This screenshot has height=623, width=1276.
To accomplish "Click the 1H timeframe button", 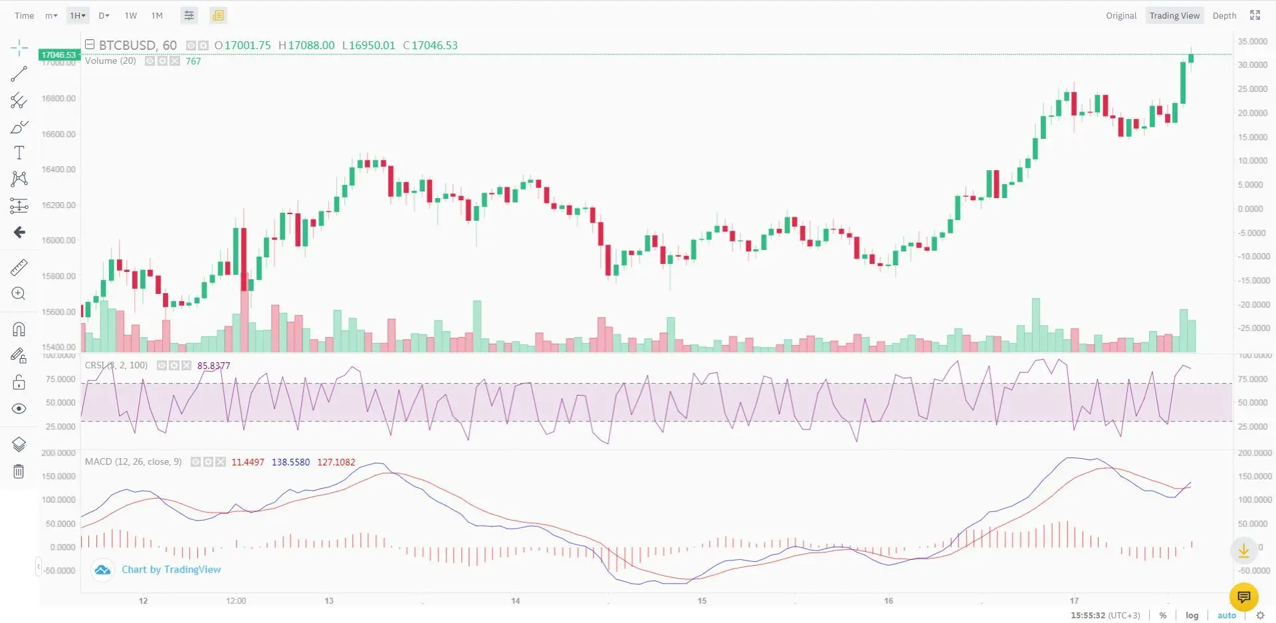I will click(78, 15).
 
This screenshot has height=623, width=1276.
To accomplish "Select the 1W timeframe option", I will click(131, 15).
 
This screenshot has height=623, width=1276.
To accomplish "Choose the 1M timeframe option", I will click(157, 15).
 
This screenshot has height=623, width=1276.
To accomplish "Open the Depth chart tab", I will click(1224, 15).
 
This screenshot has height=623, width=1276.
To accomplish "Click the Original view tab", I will click(1121, 15).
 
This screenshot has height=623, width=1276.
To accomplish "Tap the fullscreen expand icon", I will click(1255, 15).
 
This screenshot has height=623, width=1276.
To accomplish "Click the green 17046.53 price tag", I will click(59, 55).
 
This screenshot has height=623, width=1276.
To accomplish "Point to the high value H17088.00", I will click(306, 45).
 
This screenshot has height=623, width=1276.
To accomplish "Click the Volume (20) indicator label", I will click(110, 61).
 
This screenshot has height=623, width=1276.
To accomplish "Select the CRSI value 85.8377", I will click(213, 366).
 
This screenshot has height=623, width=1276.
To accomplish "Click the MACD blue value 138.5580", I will click(290, 462).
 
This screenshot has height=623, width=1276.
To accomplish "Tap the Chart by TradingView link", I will click(171, 570).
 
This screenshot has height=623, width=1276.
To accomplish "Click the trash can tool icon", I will click(19, 471).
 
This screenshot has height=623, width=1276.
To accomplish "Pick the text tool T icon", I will click(19, 153).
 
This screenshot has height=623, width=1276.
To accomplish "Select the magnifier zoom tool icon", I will click(19, 294).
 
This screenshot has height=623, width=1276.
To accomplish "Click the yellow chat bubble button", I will click(1243, 596).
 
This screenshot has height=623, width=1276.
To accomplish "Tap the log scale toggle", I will click(1192, 616).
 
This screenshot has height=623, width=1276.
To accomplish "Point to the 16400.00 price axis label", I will click(58, 170).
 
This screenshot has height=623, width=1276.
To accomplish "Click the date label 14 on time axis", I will click(516, 601).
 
